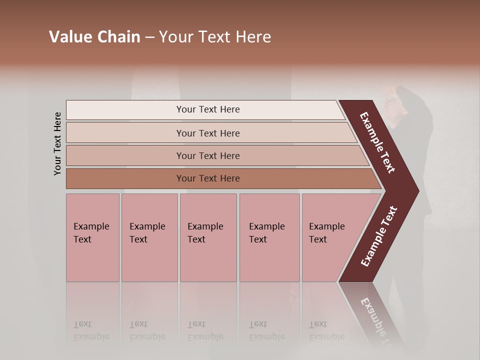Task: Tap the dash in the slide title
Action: [x=149, y=37]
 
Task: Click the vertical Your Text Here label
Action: [x=58, y=143]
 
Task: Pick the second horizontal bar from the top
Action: [x=207, y=133]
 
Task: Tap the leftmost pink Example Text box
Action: [x=92, y=237]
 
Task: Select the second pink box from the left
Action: [x=149, y=237]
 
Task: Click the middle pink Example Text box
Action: [x=208, y=237]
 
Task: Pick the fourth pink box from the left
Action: [x=269, y=237]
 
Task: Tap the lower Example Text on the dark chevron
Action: [x=379, y=236]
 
